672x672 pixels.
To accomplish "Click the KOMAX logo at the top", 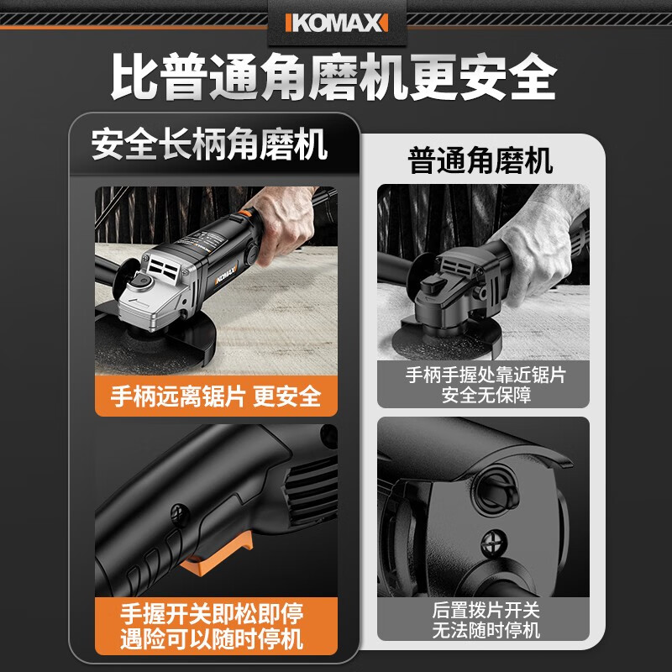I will [x=335, y=22].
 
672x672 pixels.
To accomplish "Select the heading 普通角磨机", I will [x=480, y=160].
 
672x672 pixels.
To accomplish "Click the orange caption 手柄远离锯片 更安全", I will [x=216, y=395].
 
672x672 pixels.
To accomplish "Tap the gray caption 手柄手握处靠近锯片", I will [x=484, y=375].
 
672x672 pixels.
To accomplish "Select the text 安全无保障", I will [x=484, y=395].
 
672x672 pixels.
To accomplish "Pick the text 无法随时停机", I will [x=484, y=630].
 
